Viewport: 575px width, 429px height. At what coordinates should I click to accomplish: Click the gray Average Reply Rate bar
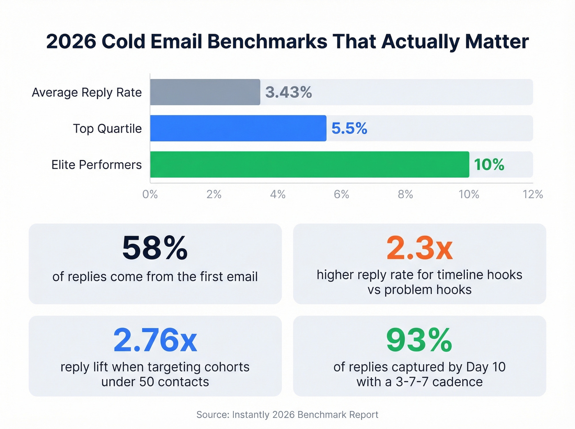[205, 92]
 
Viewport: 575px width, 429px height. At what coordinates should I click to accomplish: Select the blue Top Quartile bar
[238, 128]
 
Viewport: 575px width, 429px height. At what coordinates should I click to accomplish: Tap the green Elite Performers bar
[309, 164]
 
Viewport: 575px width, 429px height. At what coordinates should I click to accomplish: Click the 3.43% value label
[288, 92]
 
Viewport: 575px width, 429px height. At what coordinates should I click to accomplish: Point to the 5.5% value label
[349, 128]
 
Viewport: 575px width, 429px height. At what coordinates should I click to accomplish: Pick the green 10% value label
[489, 165]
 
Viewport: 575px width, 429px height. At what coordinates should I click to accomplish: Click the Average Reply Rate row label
[87, 92]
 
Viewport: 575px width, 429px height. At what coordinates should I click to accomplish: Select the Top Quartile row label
[107, 128]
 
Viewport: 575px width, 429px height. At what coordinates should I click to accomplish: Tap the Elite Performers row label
[97, 165]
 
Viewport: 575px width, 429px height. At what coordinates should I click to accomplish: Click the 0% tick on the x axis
[150, 194]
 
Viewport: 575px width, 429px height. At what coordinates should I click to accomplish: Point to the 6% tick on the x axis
[341, 194]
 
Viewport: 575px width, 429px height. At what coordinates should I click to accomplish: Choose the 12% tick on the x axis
[533, 194]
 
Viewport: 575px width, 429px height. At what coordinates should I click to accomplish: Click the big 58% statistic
[155, 248]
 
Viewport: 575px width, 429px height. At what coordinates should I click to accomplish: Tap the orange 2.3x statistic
[419, 248]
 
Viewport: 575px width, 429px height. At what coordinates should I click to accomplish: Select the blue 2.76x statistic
[155, 340]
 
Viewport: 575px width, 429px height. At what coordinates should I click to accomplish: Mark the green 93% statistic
[419, 340]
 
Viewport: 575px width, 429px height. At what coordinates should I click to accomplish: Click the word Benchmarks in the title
[267, 41]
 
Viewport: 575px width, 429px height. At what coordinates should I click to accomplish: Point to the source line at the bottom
[287, 415]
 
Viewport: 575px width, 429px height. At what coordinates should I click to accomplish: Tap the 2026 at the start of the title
[71, 41]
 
